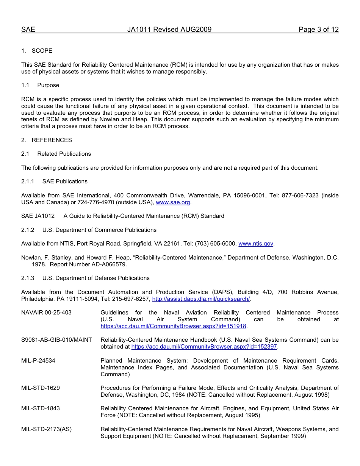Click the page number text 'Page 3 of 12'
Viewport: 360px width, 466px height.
(x=318, y=30)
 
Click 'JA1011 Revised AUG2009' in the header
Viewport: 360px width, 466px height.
(x=169, y=30)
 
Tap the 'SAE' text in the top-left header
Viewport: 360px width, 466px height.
(x=28, y=30)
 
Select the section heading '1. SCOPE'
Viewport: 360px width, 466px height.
(x=37, y=51)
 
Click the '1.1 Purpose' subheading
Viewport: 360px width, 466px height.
(x=40, y=85)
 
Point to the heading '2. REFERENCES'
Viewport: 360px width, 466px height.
(x=46, y=140)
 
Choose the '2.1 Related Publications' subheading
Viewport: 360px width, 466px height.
(x=56, y=154)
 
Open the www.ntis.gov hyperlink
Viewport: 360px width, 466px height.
(x=256, y=244)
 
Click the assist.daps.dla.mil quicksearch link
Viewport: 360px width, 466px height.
(x=201, y=299)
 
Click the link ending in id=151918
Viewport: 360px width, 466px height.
(x=173, y=326)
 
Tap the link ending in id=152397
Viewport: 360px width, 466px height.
(x=204, y=347)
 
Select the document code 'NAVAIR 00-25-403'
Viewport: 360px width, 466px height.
(x=46, y=313)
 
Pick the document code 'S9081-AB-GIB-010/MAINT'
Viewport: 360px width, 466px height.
(x=56, y=340)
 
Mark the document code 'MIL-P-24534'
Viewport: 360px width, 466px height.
(x=38, y=361)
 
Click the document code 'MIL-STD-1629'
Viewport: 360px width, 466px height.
(x=41, y=388)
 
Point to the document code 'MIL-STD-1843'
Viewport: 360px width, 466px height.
(x=41, y=408)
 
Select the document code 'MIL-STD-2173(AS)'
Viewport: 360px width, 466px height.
(x=46, y=429)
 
